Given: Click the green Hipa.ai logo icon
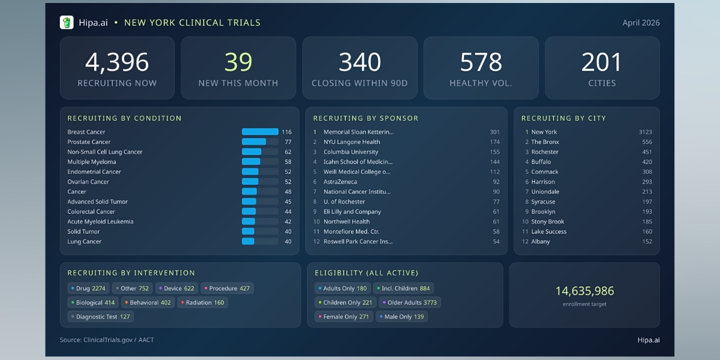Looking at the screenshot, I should coord(67,23).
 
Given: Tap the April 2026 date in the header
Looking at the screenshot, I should coord(641,23).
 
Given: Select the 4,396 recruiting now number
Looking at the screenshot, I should coord(117,62).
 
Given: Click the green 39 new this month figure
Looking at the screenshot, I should coord(238,62).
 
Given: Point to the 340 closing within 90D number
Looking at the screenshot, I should coord(359,62).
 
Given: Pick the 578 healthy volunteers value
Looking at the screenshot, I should coord(481,62).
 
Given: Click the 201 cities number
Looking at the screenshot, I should coord(602,62).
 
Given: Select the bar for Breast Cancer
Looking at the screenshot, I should coord(260,132).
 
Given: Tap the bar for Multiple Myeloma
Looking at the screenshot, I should coord(251,162).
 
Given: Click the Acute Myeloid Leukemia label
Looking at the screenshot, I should coord(100,221).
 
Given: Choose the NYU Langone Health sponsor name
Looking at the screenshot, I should coord(352,142).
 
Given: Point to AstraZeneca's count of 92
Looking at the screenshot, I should coord(496,182).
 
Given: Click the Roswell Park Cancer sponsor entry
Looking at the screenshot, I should coord(358,241).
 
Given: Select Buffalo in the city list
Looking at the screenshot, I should coord(541,162).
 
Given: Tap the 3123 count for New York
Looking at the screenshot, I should coord(645,132).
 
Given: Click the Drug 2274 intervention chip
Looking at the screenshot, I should coord(88,289).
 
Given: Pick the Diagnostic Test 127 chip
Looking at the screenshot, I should coord(100,317).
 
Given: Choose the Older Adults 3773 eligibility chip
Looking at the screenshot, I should coord(410,302).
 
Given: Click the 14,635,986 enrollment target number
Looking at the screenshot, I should coord(584,291).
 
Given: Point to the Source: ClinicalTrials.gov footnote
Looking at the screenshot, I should coord(107,340).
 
